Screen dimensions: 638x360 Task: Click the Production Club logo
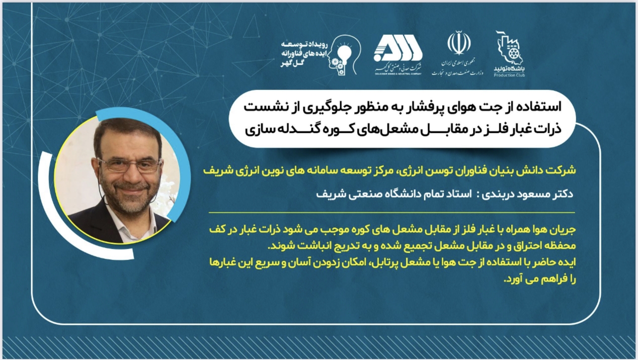pyautogui.click(x=509, y=54)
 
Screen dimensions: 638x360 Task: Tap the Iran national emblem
pyautogui.click(x=459, y=43)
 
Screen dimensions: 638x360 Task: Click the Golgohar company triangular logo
pyautogui.click(x=398, y=51)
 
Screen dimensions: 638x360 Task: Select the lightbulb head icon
pyautogui.click(x=343, y=55)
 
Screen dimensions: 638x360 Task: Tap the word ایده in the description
pyautogui.click(x=566, y=262)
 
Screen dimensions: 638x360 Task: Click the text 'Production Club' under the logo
pyautogui.click(x=509, y=75)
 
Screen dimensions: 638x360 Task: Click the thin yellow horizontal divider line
pyautogui.click(x=392, y=213)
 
